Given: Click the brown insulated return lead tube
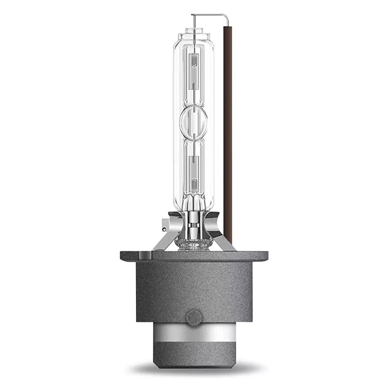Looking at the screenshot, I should point(228,128).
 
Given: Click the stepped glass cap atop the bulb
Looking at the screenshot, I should point(193,37).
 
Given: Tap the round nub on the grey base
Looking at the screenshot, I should point(193,318).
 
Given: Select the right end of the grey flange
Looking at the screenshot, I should point(262,256).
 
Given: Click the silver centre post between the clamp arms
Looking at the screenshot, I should point(193,223).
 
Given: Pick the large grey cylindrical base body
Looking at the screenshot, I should point(193,290).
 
